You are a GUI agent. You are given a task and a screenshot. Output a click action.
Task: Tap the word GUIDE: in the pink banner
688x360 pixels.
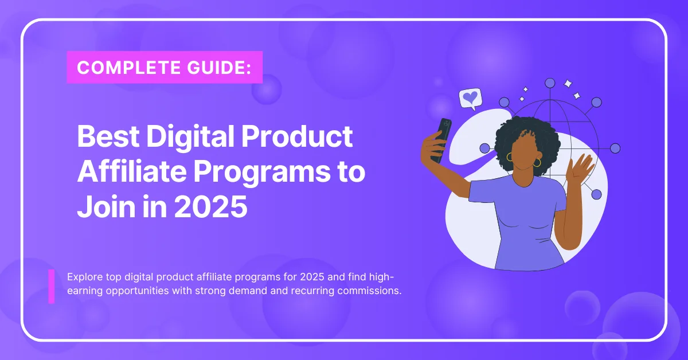[219, 67]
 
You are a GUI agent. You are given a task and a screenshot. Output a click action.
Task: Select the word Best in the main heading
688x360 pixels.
[108, 136]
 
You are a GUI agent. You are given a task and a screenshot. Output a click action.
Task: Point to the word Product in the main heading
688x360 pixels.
[297, 136]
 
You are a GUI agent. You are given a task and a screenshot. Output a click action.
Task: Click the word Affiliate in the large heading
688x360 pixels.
[131, 171]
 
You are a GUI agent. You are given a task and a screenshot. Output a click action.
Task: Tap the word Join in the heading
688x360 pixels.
[106, 206]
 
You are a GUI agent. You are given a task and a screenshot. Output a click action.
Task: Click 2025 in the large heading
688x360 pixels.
[211, 206]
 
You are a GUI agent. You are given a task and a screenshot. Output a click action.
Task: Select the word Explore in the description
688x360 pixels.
[85, 277]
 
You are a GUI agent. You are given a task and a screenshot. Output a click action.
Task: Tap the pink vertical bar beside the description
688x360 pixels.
[51, 286]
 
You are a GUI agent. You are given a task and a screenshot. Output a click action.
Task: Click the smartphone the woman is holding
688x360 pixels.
[441, 140]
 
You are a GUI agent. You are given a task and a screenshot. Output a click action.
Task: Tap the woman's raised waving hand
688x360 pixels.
[580, 169]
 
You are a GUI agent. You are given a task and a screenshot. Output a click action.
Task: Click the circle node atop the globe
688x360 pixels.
[550, 83]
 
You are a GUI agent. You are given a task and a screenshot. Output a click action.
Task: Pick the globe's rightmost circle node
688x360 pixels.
[615, 148]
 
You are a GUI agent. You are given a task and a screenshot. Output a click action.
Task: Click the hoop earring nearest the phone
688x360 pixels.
[510, 157]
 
